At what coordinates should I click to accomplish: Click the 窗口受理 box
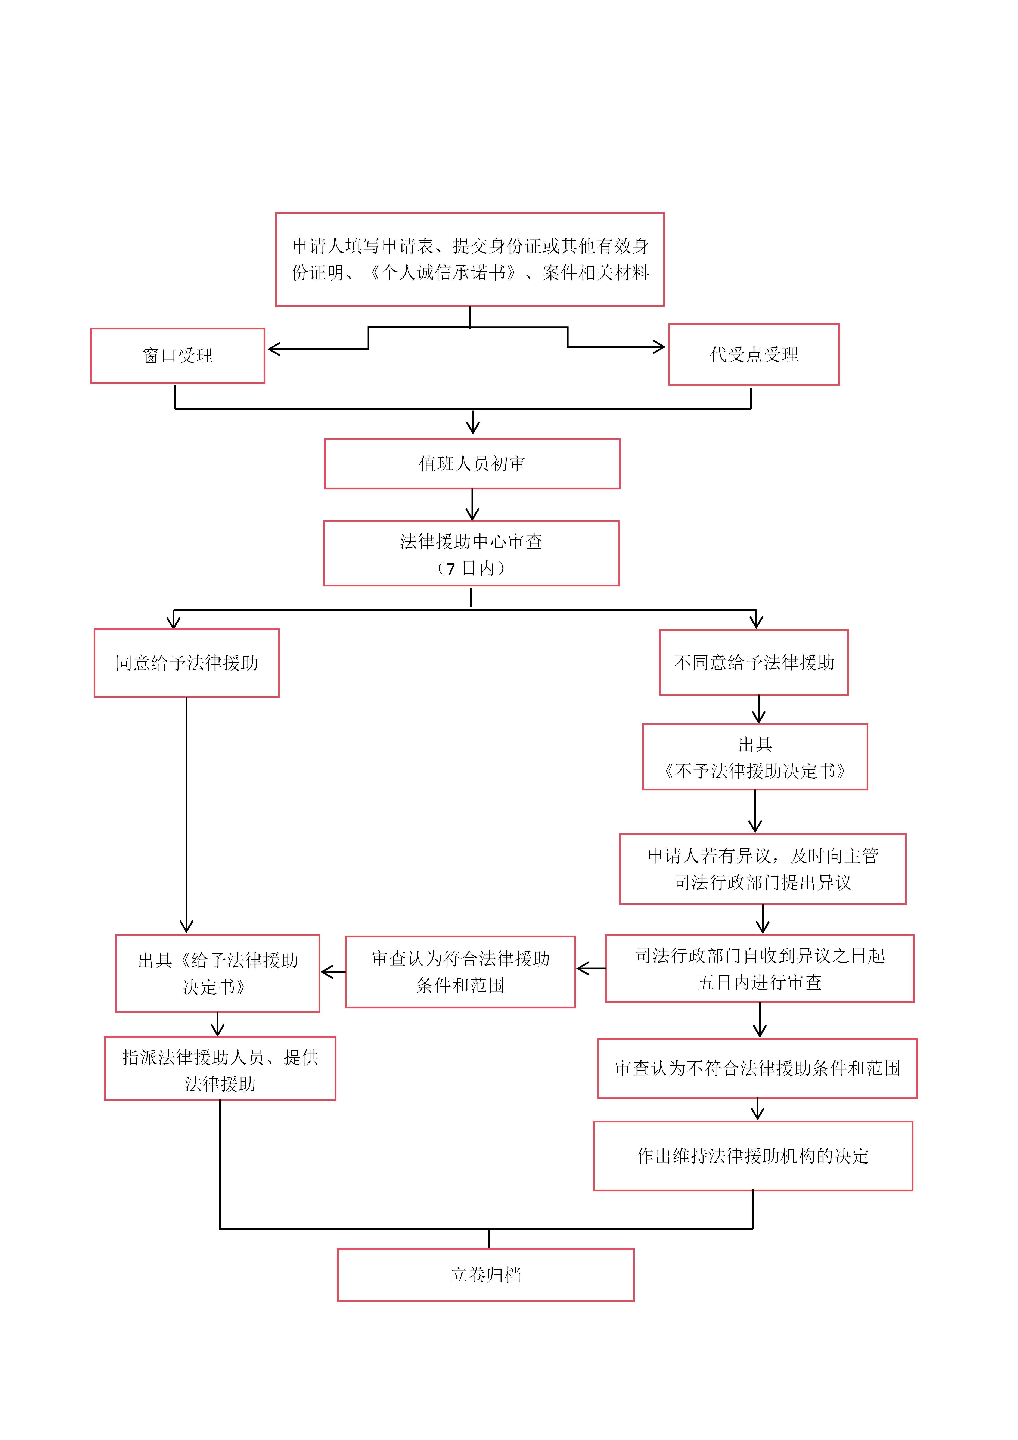[x=177, y=356]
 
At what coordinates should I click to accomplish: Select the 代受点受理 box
[x=754, y=354]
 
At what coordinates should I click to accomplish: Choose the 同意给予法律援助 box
[x=186, y=663]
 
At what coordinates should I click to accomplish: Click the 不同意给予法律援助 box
[x=754, y=662]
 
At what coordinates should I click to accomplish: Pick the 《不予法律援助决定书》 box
[x=755, y=757]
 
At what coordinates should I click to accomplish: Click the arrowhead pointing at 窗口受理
[x=273, y=349]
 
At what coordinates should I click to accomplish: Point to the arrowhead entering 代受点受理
[x=660, y=347]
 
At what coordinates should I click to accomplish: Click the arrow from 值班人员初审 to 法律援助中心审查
[x=472, y=505]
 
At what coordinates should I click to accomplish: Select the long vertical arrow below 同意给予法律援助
[x=186, y=815]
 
